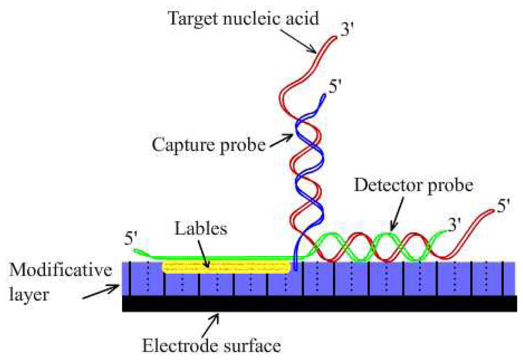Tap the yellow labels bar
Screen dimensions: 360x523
[227, 267]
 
